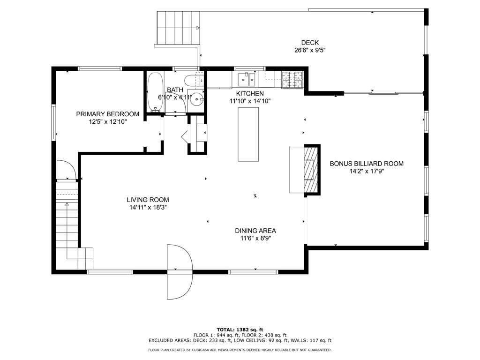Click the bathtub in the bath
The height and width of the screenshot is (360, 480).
coord(155,92)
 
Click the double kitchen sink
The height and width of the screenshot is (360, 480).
coord(247,80)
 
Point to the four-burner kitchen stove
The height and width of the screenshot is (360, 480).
coord(292,80)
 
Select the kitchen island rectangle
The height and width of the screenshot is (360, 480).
coord(248,134)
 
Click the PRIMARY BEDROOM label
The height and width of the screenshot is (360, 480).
coord(107,114)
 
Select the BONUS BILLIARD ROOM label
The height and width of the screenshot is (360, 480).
coord(367,164)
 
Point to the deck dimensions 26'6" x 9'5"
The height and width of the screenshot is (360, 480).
coord(310,50)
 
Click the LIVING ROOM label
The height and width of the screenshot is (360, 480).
coord(148,200)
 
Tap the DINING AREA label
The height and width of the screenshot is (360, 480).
coord(255,231)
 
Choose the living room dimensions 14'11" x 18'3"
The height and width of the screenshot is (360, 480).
coord(148,208)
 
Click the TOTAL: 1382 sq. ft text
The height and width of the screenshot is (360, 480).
coord(240,330)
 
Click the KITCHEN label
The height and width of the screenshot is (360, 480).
coord(250,94)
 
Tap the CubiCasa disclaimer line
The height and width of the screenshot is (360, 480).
coord(240,350)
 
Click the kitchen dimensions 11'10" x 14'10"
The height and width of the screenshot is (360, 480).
coord(250,101)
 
